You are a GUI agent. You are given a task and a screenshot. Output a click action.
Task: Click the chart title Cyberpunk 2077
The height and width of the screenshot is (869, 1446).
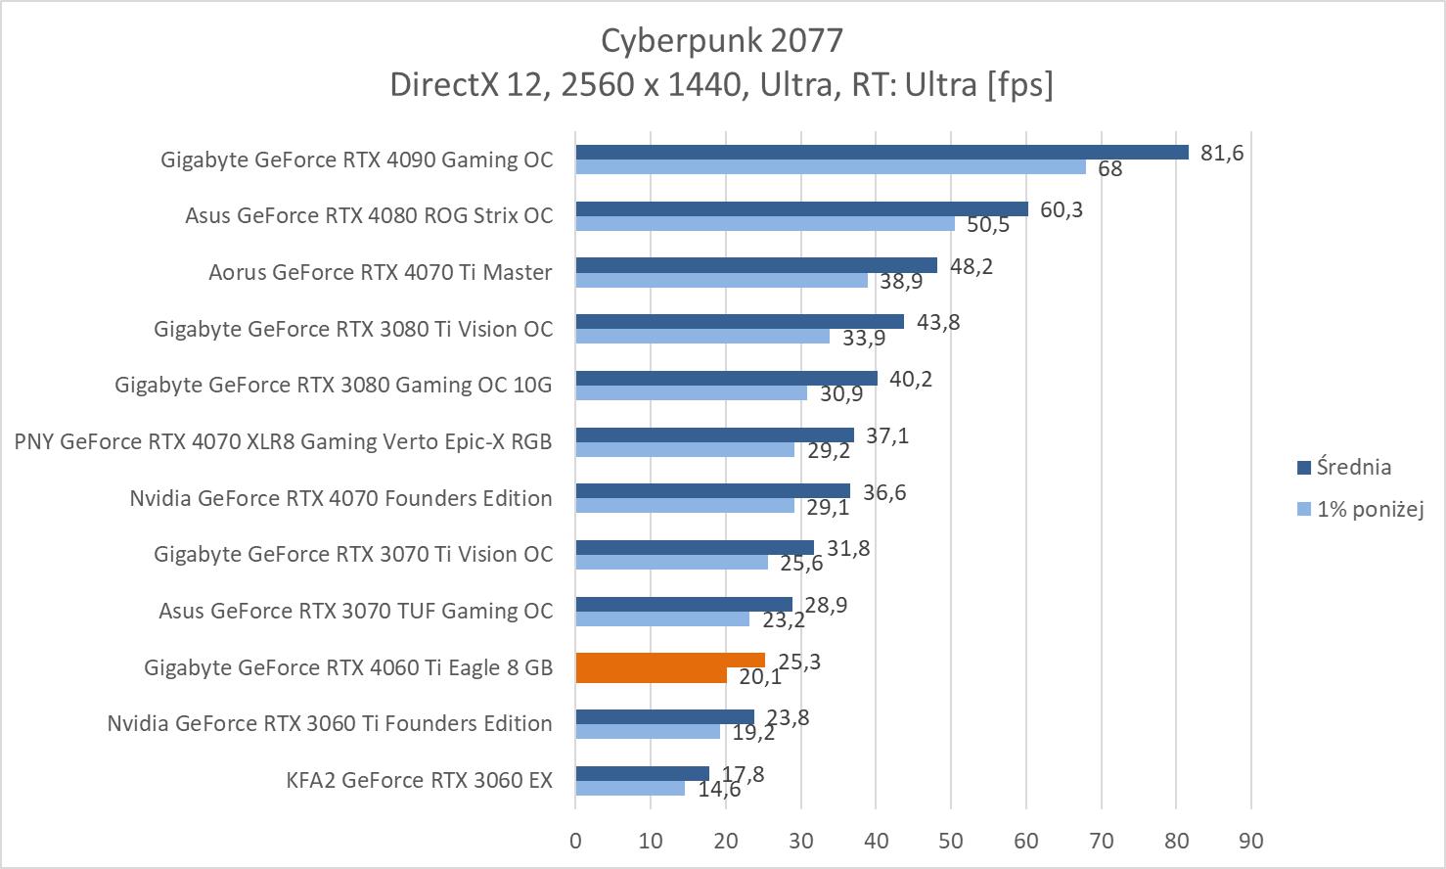tap(721, 40)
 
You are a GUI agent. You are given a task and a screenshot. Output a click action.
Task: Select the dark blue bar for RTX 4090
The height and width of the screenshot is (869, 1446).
tap(881, 152)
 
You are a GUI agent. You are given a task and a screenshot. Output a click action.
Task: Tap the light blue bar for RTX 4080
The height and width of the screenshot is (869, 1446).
tap(764, 223)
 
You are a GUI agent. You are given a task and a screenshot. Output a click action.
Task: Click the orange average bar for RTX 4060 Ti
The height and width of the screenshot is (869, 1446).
tap(669, 661)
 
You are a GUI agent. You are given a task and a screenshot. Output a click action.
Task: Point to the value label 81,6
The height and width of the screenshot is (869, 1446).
tap(1222, 153)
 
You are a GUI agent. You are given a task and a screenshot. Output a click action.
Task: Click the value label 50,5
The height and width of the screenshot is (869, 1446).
tap(988, 225)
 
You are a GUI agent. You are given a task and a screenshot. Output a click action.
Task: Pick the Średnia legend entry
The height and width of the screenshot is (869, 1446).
tap(1353, 468)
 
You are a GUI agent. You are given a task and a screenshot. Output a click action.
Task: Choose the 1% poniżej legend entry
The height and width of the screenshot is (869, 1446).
tap(1369, 509)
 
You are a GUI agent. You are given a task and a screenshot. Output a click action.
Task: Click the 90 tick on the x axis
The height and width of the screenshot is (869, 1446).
tap(1251, 841)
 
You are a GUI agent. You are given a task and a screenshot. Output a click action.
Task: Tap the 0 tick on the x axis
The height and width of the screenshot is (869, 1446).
tap(575, 841)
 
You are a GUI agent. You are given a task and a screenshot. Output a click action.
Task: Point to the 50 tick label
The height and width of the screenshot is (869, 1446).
tap(951, 841)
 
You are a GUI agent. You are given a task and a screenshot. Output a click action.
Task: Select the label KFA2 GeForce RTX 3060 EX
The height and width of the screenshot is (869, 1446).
tap(419, 780)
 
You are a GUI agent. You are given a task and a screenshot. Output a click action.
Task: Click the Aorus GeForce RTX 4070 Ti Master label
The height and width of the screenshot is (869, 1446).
tap(381, 272)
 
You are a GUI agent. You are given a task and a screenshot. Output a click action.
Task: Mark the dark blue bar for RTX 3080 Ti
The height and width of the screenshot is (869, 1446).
tap(739, 322)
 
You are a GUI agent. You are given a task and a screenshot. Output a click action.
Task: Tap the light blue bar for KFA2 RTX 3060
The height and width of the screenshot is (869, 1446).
tap(629, 788)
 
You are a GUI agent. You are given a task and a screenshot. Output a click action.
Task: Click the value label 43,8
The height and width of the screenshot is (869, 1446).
tap(938, 322)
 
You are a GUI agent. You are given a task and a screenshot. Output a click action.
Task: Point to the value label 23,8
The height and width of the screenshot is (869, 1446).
tap(788, 717)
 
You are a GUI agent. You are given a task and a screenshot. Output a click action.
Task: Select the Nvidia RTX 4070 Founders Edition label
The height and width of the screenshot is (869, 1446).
tap(340, 498)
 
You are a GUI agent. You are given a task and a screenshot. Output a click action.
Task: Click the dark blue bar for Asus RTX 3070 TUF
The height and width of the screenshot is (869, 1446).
tap(683, 604)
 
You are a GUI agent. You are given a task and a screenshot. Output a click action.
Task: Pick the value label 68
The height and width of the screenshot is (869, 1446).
tap(1109, 169)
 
